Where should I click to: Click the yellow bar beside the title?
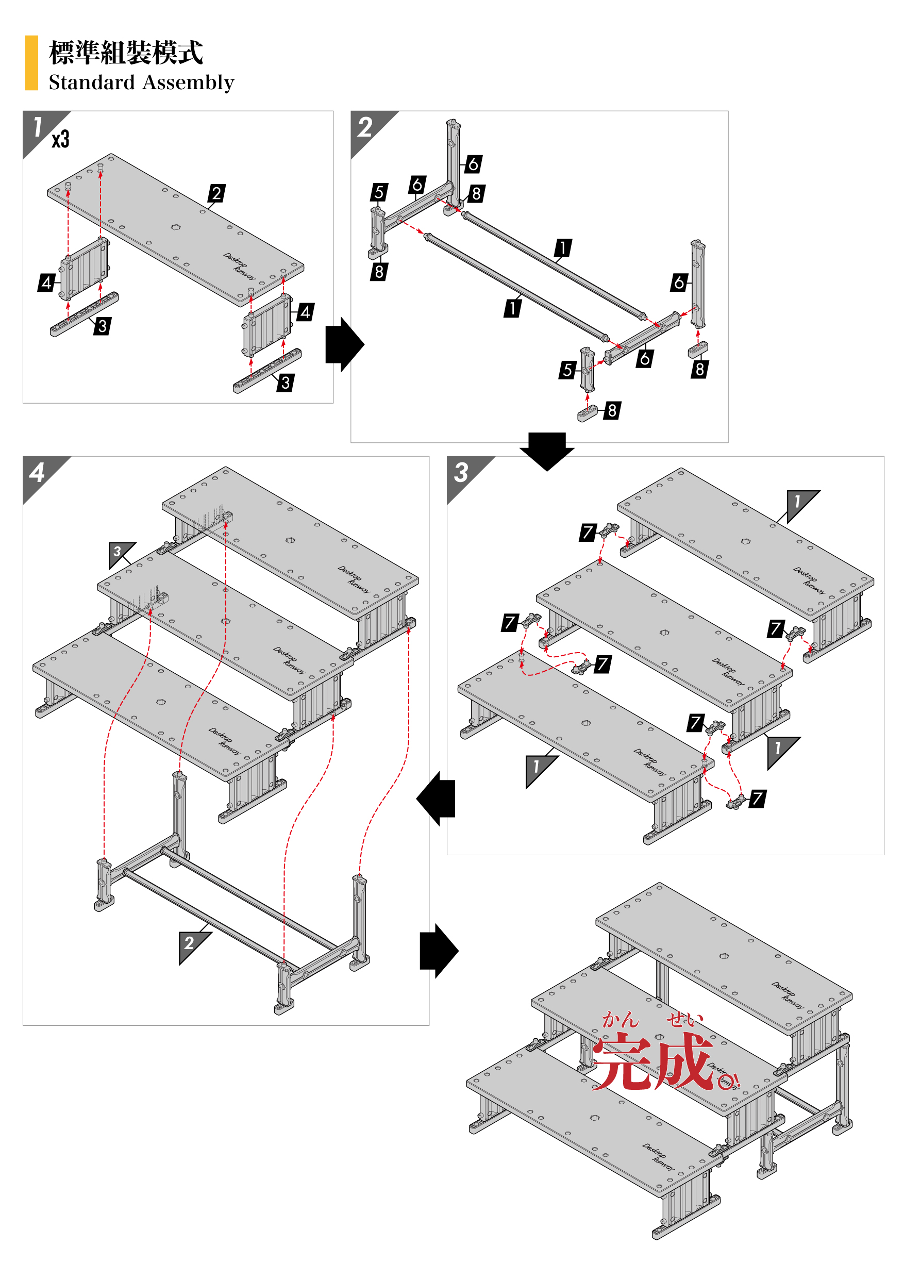[31, 62]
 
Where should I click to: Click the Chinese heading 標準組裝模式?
[126, 53]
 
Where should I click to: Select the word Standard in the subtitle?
[91, 82]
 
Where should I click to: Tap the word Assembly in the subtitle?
[188, 83]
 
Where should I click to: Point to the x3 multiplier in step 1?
[61, 139]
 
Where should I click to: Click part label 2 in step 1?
[216, 193]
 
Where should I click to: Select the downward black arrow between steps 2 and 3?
[547, 450]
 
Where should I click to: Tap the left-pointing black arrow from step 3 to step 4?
[437, 798]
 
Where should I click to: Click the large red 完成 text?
[653, 1060]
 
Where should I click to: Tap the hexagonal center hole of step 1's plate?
[175, 227]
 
